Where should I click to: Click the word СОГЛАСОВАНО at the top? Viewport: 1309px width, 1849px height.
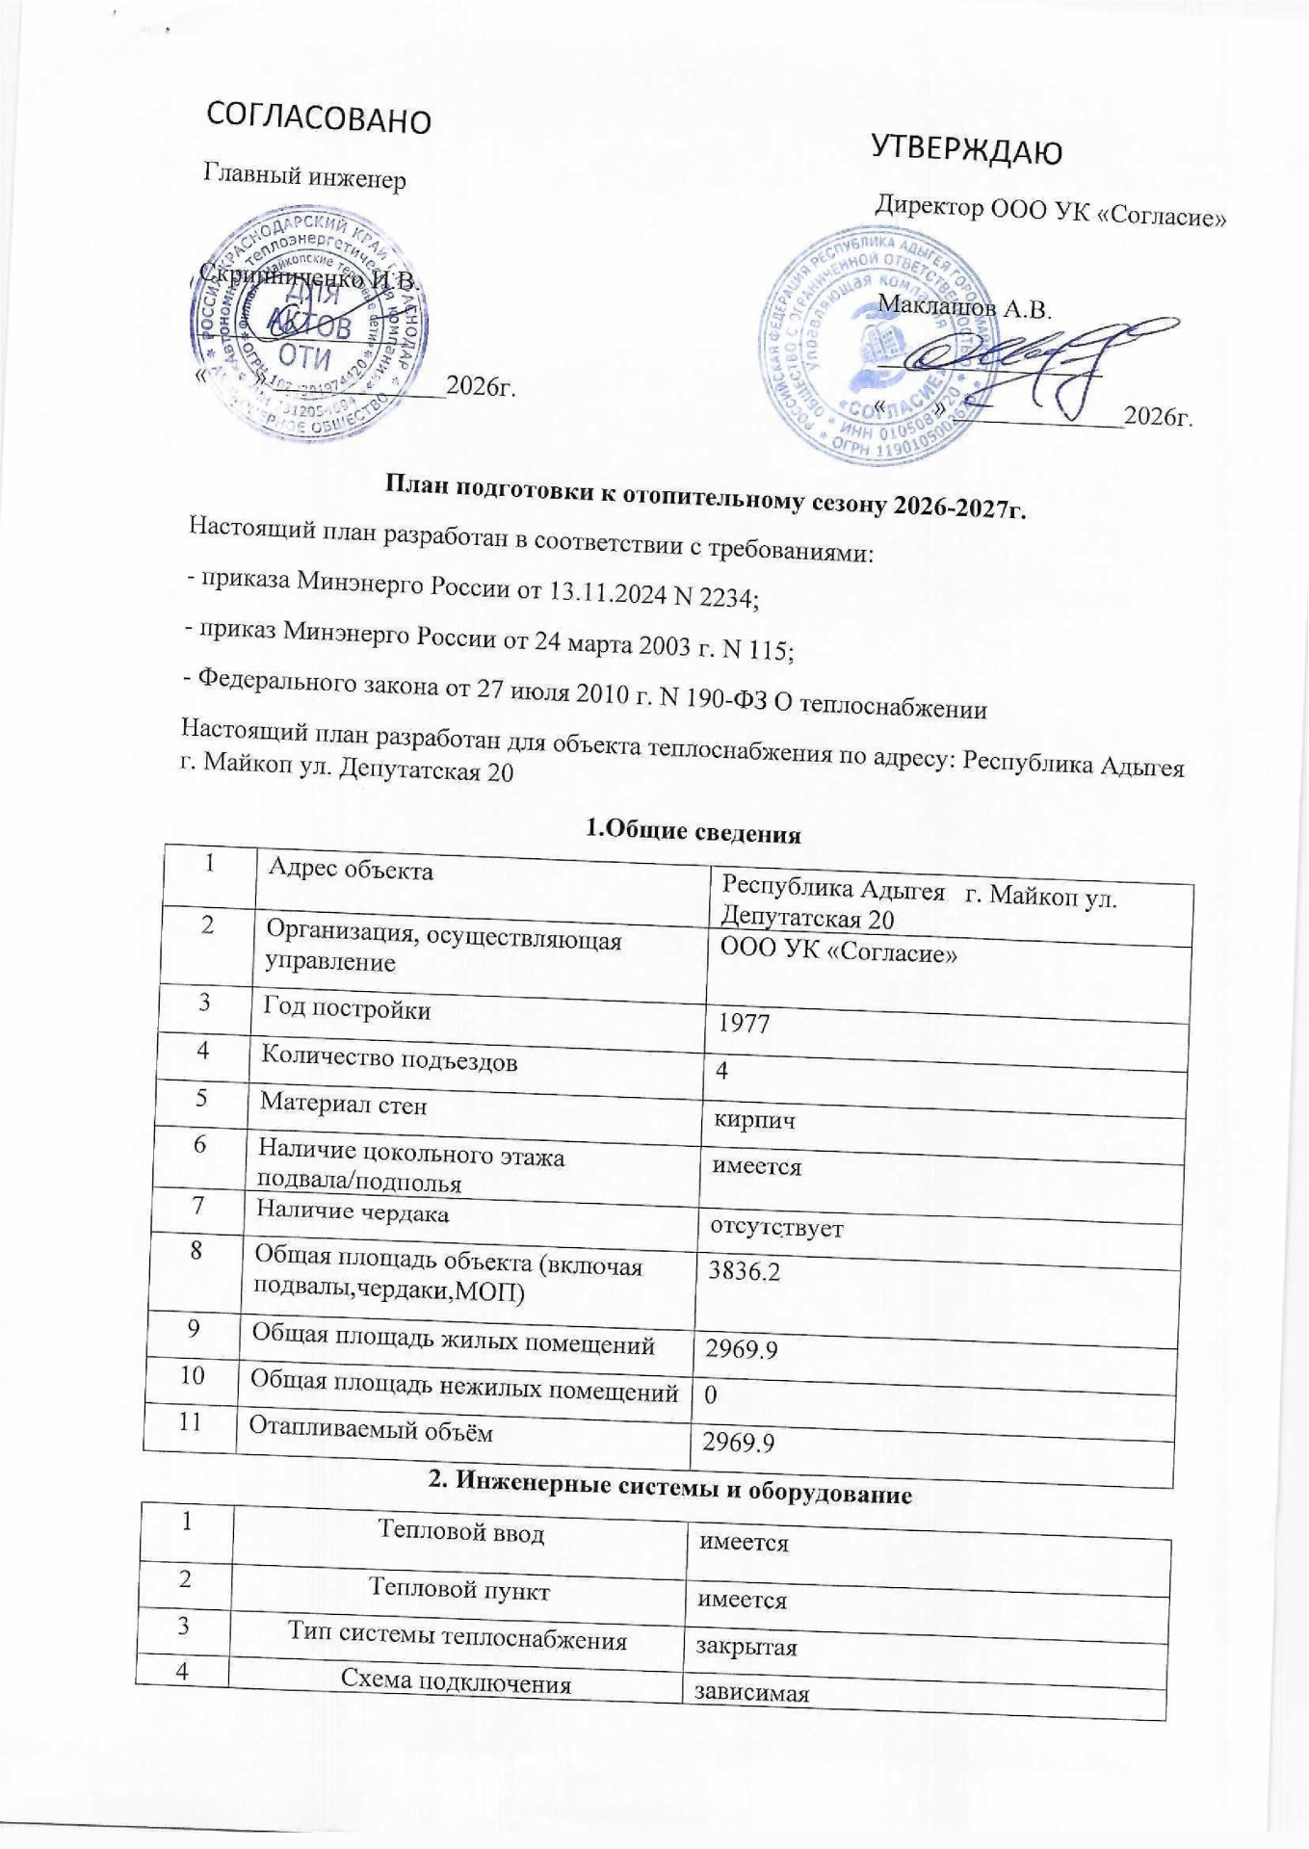(320, 118)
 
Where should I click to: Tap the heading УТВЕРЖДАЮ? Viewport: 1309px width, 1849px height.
(966, 150)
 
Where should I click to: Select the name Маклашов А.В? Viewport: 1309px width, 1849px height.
(964, 308)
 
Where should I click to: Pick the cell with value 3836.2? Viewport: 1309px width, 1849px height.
(745, 1272)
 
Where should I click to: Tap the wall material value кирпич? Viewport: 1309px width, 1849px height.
(754, 1121)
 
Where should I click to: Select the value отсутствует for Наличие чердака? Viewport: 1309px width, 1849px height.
(776, 1228)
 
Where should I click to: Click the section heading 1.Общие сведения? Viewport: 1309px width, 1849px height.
(694, 831)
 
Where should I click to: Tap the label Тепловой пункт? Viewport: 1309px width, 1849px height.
(459, 1590)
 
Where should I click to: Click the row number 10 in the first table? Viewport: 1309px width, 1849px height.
(191, 1375)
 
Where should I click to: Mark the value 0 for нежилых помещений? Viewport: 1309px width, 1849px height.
(711, 1393)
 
